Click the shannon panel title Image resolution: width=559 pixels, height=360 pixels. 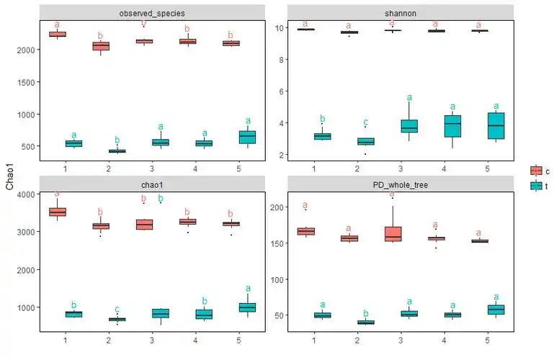[x=400, y=13]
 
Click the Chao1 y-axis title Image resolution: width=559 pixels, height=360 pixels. [x=9, y=177]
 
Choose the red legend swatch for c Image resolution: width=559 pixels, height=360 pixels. [x=537, y=171]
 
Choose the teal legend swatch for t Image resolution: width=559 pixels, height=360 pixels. [x=537, y=186]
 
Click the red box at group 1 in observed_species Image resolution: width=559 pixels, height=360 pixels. [x=57, y=34]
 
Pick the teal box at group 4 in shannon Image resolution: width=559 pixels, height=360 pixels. [x=452, y=126]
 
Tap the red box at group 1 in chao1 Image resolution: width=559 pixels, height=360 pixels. [x=57, y=212]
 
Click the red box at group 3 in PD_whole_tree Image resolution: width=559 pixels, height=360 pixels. [x=393, y=234]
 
